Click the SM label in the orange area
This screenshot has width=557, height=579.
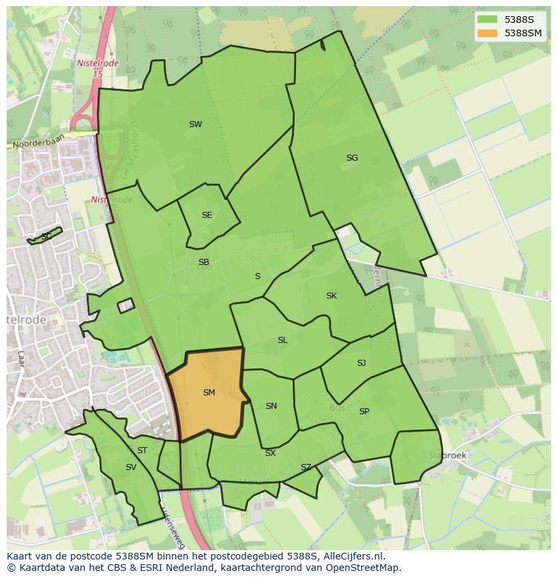coord(209,392)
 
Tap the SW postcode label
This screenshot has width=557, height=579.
coord(195,124)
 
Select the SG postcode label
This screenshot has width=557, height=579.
coord(352,158)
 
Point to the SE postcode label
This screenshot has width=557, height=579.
coord(207,215)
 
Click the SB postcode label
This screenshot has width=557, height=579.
coord(204,262)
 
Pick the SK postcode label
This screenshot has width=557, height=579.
coord(331,296)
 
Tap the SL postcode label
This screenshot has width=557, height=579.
coord(283,340)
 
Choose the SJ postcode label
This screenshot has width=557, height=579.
coord(361,363)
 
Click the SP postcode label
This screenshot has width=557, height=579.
coord(364,411)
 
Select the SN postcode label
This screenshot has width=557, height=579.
coord(271,406)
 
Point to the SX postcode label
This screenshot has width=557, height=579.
coord(270,453)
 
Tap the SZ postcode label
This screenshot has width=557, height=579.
coord(306,467)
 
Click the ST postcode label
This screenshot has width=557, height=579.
coord(142,451)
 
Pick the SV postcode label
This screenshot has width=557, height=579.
coord(131,467)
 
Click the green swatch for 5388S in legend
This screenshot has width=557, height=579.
coord(487,20)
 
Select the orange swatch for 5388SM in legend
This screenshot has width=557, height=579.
coord(487,33)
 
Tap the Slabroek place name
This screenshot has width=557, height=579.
coord(447,455)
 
